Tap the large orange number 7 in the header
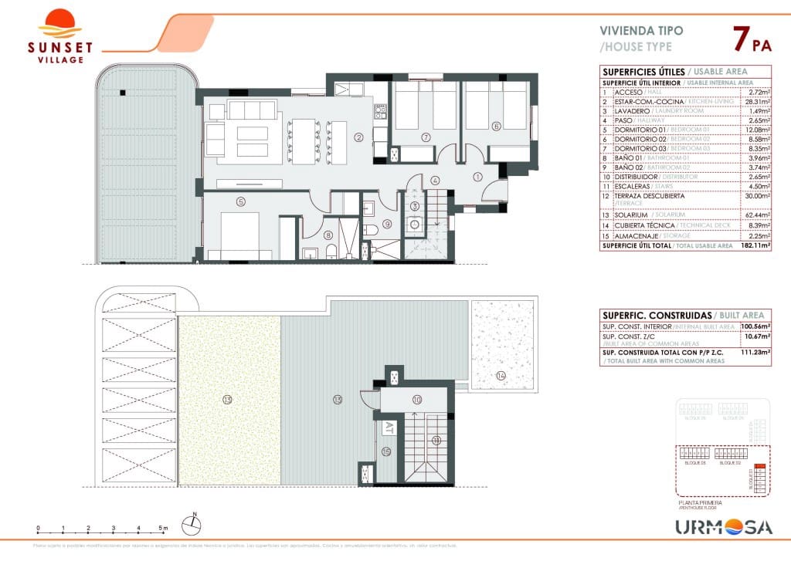click(x=739, y=38)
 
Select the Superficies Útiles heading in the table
click(x=633, y=72)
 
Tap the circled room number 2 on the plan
click(x=358, y=138)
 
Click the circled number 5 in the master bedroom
click(x=241, y=202)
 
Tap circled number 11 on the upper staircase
click(x=436, y=441)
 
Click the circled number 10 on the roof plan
click(x=416, y=400)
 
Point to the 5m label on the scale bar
click(x=163, y=529)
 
